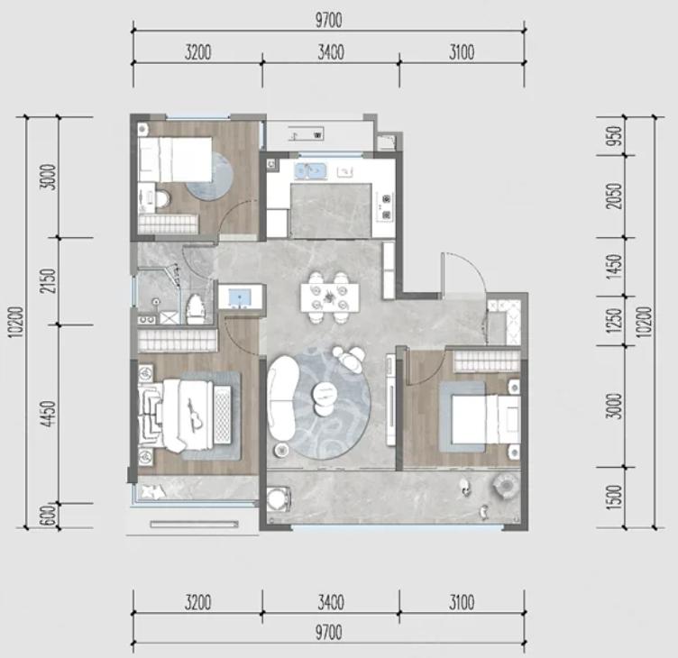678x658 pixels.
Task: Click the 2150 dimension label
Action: tap(50, 281)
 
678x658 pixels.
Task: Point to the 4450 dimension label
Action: tap(50, 414)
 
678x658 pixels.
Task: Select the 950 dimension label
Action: tap(615, 136)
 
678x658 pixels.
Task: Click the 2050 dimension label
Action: tap(615, 196)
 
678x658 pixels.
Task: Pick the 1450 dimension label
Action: tap(615, 266)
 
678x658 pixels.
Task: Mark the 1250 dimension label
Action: tap(615, 320)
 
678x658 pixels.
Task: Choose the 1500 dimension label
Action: tap(615, 498)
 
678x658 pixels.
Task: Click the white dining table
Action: tap(330, 297)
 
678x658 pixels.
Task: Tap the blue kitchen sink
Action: tap(310, 170)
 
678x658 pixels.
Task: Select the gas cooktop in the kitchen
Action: tap(385, 206)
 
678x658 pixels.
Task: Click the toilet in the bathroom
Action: tap(196, 308)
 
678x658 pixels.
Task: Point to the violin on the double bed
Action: tap(194, 415)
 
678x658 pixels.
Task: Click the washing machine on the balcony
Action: tap(278, 499)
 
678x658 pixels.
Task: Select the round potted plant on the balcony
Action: tap(506, 484)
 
